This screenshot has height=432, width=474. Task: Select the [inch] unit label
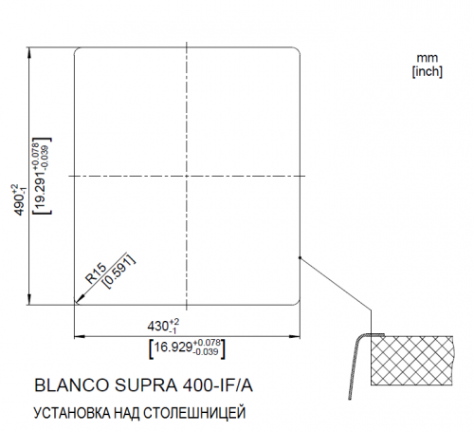click(428, 71)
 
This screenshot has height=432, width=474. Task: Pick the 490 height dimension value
click(17, 199)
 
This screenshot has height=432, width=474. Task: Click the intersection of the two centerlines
click(190, 177)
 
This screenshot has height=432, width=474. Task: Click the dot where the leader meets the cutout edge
click(300, 257)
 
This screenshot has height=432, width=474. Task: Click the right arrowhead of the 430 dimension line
click(301, 335)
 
